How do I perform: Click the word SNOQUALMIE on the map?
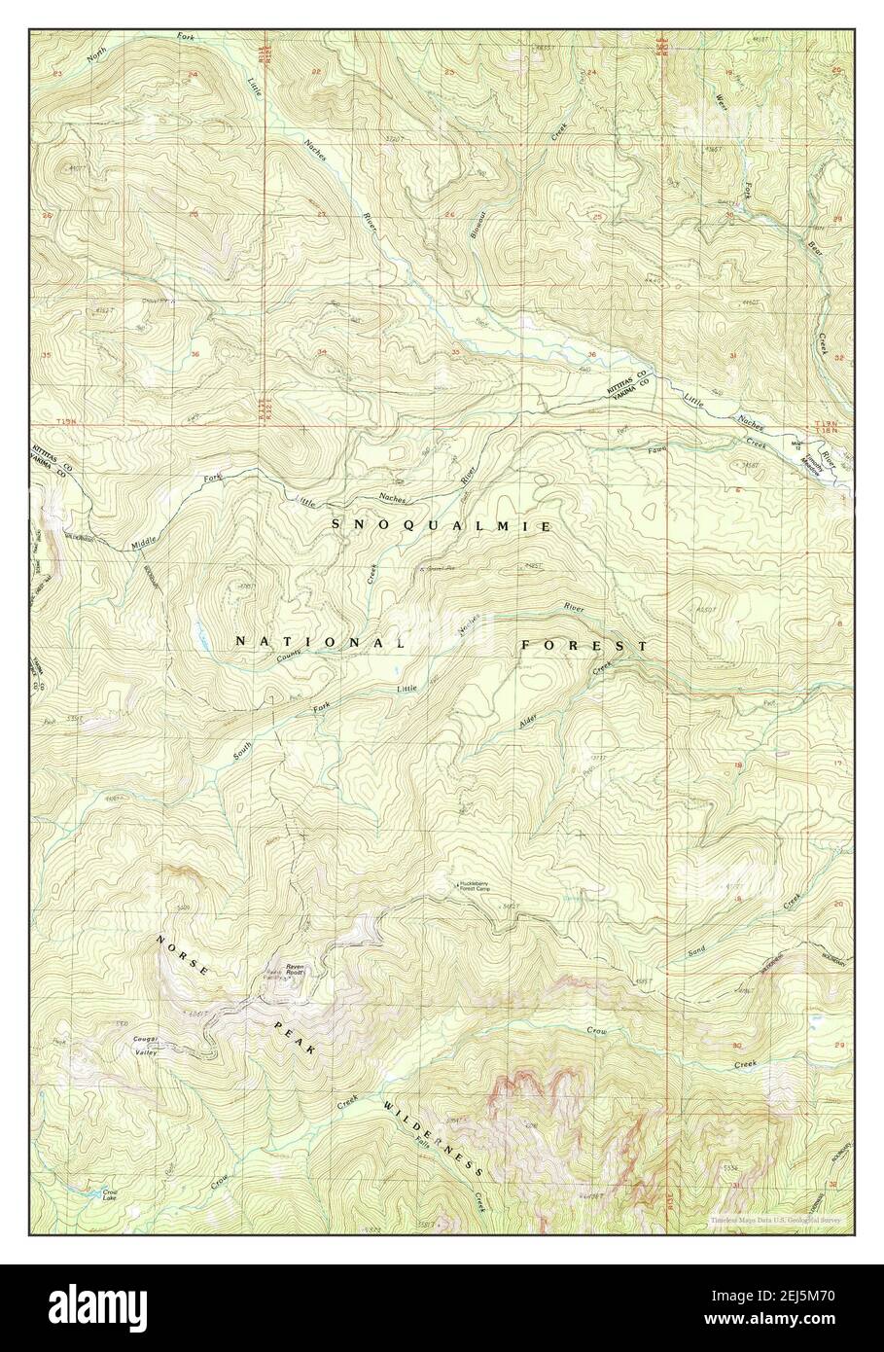442,525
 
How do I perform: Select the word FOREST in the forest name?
583,645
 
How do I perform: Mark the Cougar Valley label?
147,1043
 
